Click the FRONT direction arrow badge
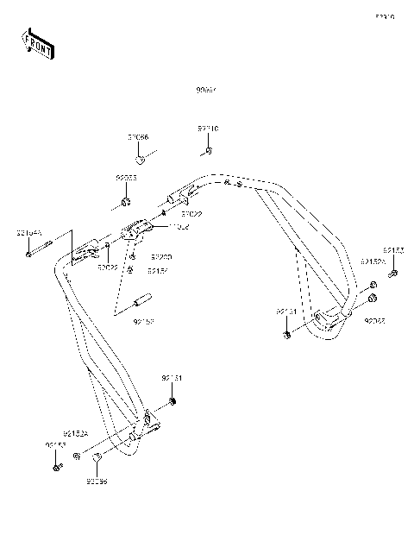tap(38, 43)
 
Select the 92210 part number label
tap(208, 129)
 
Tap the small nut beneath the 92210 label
tap(209, 152)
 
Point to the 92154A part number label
tap(29, 233)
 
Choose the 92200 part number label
tap(161, 257)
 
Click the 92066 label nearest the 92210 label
tap(138, 137)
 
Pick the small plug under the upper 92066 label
tap(139, 159)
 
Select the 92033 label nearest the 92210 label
tap(127, 178)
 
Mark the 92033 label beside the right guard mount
tap(374, 320)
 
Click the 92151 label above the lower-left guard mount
tap(172, 379)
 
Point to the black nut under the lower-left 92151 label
tap(174, 404)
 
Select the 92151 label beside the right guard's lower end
tap(286, 310)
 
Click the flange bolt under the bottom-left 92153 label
tap(56, 467)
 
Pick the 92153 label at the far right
tap(393, 250)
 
